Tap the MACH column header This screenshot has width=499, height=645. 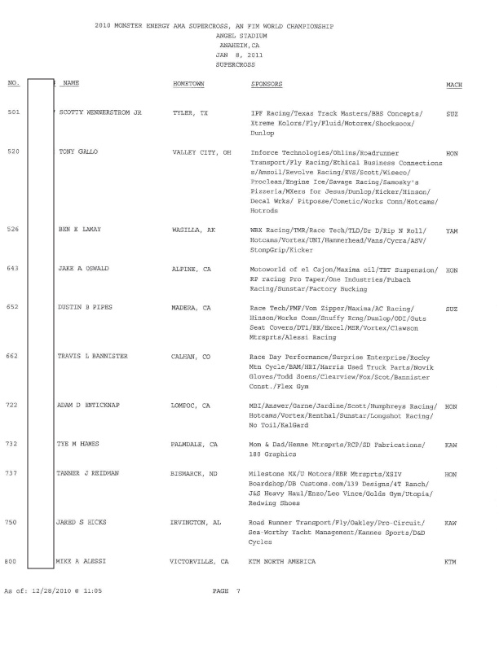454,84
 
